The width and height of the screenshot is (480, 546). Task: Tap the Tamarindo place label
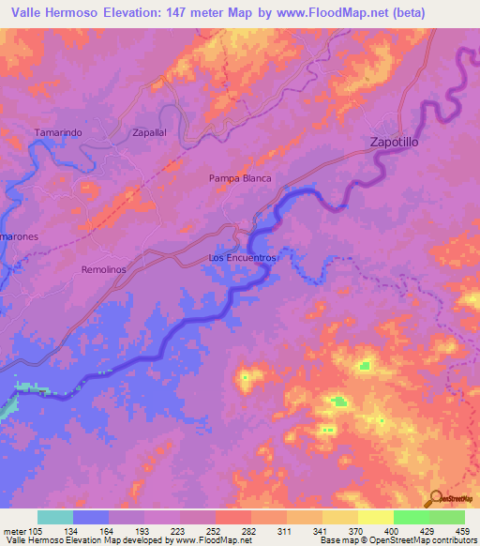pyautogui.click(x=58, y=133)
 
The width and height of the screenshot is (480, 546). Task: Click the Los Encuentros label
pyautogui.click(x=243, y=257)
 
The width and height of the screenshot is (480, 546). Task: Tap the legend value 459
pyautogui.click(x=462, y=531)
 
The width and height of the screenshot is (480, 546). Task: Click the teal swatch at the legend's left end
pyautogui.click(x=55, y=517)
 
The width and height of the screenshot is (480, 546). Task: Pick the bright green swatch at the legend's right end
pyautogui.click(x=446, y=517)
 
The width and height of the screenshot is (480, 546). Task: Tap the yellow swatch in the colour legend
pyautogui.click(x=375, y=517)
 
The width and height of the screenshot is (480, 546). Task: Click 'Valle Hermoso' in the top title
pyautogui.click(x=54, y=13)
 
